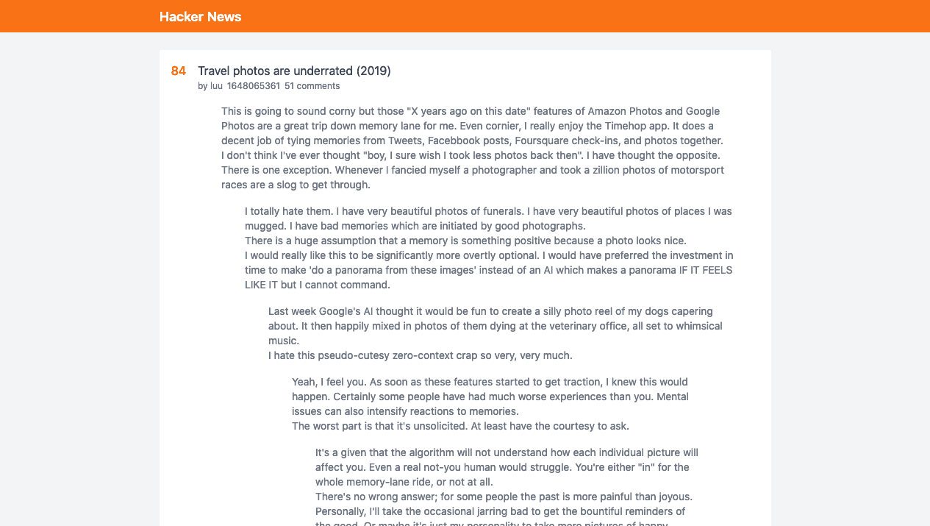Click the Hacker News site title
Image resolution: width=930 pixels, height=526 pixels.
click(x=200, y=17)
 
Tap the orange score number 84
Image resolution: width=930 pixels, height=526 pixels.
click(x=179, y=71)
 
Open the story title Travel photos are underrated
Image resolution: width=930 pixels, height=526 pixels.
click(x=294, y=71)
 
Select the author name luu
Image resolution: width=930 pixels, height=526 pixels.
click(x=216, y=86)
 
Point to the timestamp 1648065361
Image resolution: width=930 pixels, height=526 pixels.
click(x=254, y=86)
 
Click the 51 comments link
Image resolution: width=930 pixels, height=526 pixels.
click(x=312, y=86)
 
